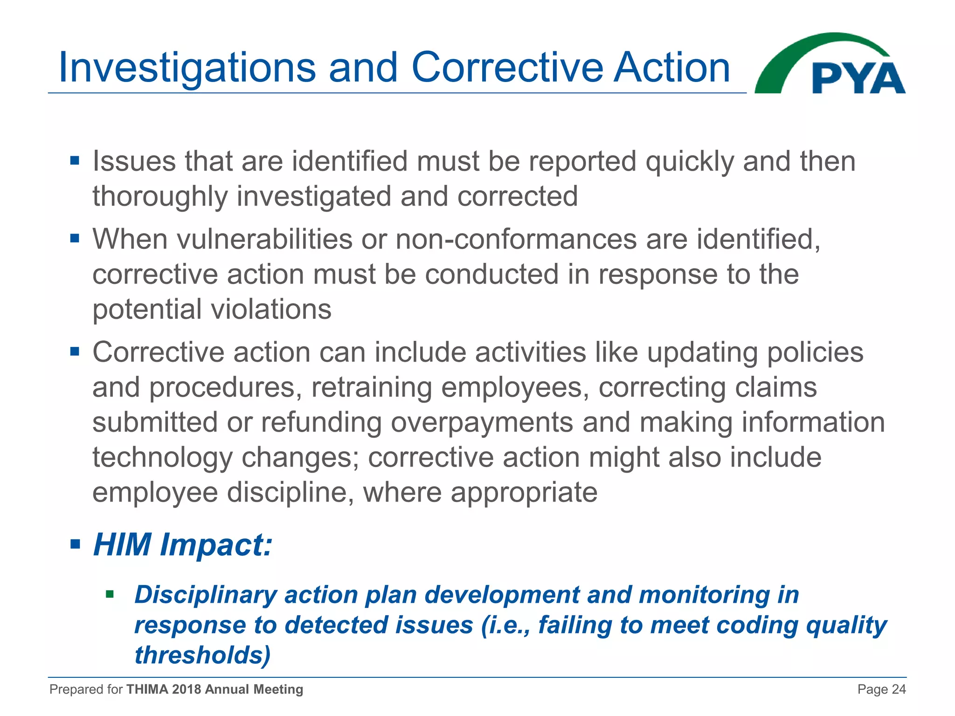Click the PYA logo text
(858, 78)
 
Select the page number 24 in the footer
(898, 689)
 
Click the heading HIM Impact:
(182, 544)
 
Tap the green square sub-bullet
(110, 594)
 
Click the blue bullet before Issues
(75, 161)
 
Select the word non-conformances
(516, 239)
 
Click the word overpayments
(482, 422)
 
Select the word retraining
(371, 387)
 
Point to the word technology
(162, 458)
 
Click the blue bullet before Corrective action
(75, 351)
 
